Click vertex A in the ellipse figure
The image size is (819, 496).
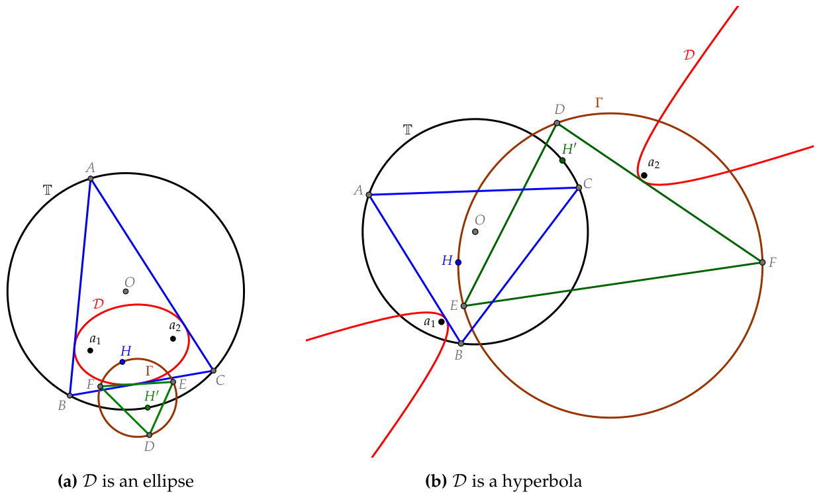[x=91, y=179]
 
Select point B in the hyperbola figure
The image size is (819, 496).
[x=461, y=344]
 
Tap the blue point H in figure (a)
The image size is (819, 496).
[x=122, y=362]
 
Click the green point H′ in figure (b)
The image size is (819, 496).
[x=562, y=160]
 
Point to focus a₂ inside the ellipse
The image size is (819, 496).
[x=173, y=338]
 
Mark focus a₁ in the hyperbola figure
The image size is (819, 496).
[x=442, y=322]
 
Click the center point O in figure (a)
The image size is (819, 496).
[x=126, y=291]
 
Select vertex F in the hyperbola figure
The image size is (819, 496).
[x=762, y=262]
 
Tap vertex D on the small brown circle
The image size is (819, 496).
[x=149, y=435]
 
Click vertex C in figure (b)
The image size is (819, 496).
[x=579, y=187]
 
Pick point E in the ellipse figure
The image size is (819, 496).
[x=173, y=382]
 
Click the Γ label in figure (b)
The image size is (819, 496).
[x=599, y=103]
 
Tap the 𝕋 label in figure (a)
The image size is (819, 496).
[x=48, y=190]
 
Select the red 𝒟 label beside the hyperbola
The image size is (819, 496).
[x=689, y=55]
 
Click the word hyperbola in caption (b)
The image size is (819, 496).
[x=542, y=481]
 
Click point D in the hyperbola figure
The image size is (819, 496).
[x=557, y=123]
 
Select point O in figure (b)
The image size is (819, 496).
[x=475, y=232]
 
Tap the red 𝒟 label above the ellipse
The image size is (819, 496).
[x=98, y=303]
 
